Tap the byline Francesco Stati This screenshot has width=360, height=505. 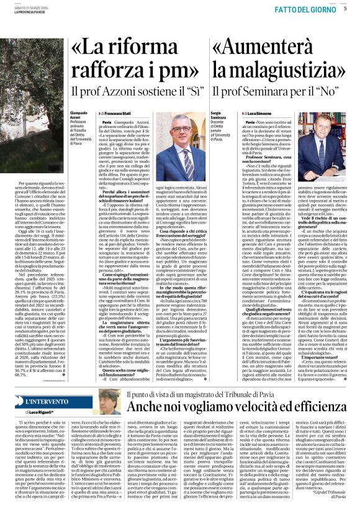coord(116,114)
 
